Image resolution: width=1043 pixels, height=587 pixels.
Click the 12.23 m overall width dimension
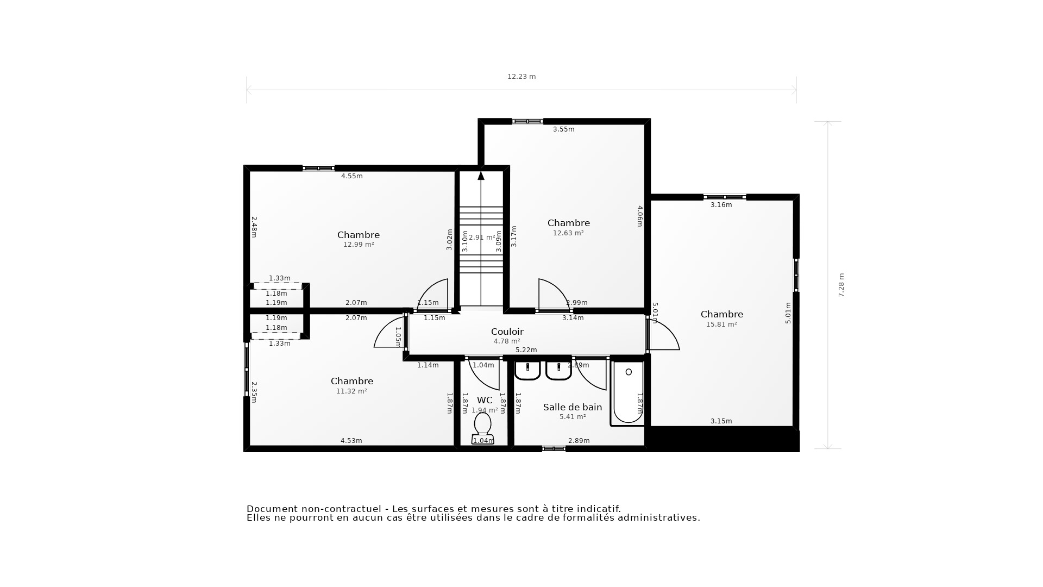point(521,77)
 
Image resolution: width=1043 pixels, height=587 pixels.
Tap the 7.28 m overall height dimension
point(841,285)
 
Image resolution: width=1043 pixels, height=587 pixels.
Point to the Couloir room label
point(507,332)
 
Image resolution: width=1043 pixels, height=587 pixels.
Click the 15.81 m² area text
point(721,324)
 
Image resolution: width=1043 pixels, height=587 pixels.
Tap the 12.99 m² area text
point(359,245)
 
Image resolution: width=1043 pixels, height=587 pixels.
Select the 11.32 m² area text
point(351,391)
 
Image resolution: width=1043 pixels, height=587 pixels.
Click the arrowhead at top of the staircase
point(481,176)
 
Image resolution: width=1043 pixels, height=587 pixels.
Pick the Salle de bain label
point(573,407)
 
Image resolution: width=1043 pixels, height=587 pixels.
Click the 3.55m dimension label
point(563,129)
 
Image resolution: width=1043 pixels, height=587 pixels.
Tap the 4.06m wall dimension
point(639,216)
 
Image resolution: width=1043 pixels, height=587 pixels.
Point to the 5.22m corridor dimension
point(526,350)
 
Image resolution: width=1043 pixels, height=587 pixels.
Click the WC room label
point(485,401)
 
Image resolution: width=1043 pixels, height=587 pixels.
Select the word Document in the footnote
point(272,509)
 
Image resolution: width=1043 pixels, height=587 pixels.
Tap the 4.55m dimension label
point(351,176)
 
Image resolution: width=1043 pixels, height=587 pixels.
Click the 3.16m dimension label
point(721,205)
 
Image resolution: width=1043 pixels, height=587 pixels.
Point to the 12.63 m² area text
point(568,233)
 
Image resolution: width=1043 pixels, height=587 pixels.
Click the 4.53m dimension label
point(351,441)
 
